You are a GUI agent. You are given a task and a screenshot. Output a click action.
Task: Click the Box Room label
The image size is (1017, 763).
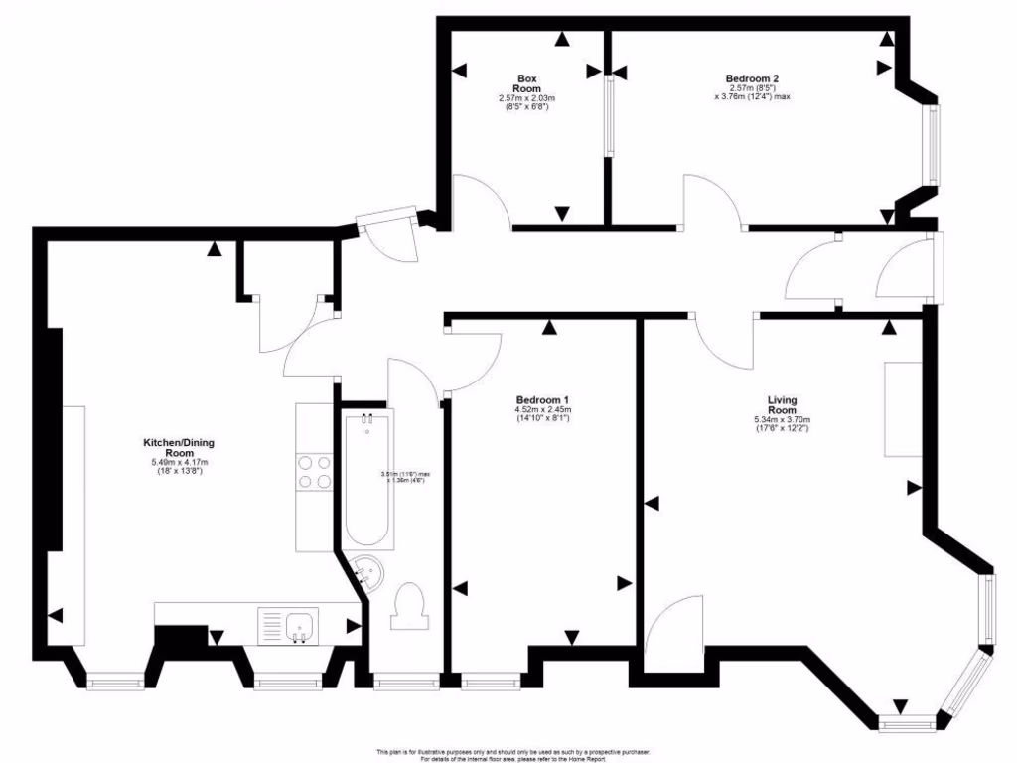(526, 83)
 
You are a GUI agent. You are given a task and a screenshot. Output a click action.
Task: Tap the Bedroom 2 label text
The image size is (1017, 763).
(752, 78)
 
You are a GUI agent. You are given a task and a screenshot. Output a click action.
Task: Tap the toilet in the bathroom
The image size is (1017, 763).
(408, 605)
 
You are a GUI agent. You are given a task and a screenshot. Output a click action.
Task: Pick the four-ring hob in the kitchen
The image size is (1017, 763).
(314, 471)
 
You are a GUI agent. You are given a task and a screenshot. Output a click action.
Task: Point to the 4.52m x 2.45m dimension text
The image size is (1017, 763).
(541, 413)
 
